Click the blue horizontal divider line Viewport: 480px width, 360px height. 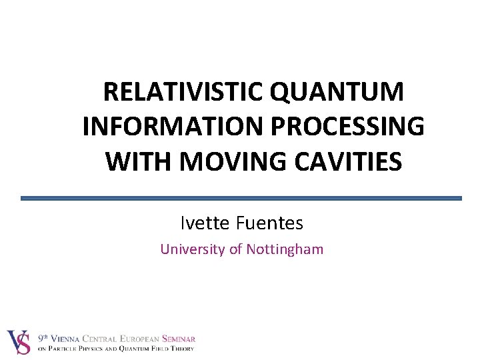[x=241, y=198]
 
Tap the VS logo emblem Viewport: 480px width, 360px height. [x=18, y=343]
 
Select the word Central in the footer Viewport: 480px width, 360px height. [x=107, y=339]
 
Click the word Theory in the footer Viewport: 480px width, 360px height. [x=181, y=348]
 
